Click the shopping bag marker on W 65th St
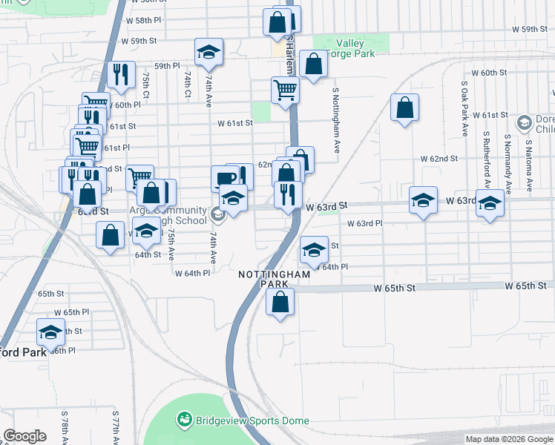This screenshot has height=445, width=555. pos(280,303)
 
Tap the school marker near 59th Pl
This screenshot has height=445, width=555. pos(208,53)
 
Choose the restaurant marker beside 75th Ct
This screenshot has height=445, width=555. pos(119,75)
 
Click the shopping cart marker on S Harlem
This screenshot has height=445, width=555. pos(285,91)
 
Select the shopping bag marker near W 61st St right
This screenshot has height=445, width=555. pos(405,108)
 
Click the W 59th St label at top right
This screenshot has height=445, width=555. pos(529,29)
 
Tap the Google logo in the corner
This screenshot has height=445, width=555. pos(25,436)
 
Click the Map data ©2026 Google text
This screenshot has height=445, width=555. pos(509,439)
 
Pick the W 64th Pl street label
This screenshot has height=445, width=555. pos(192,273)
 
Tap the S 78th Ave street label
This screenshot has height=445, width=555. pos(65,425)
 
